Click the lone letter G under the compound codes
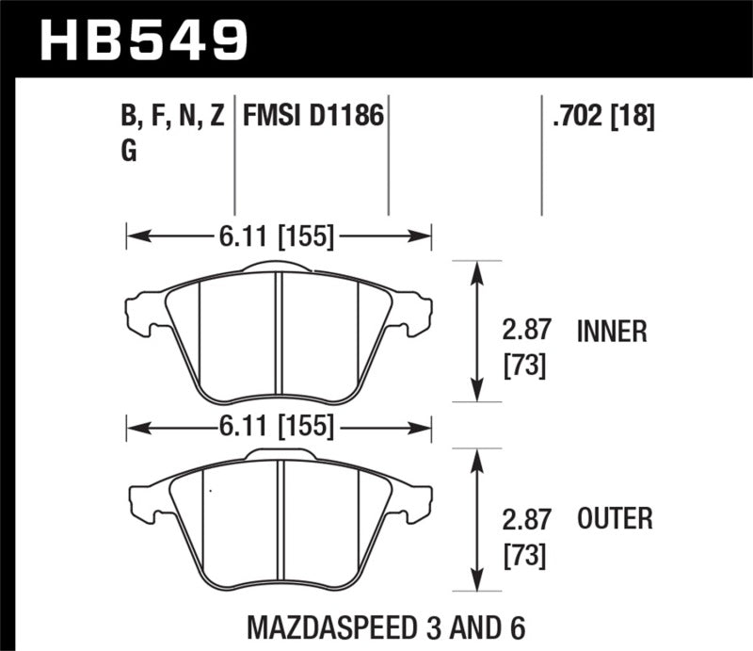click(x=129, y=154)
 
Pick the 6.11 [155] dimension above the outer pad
click(x=279, y=428)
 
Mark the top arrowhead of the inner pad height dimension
click(x=477, y=271)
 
